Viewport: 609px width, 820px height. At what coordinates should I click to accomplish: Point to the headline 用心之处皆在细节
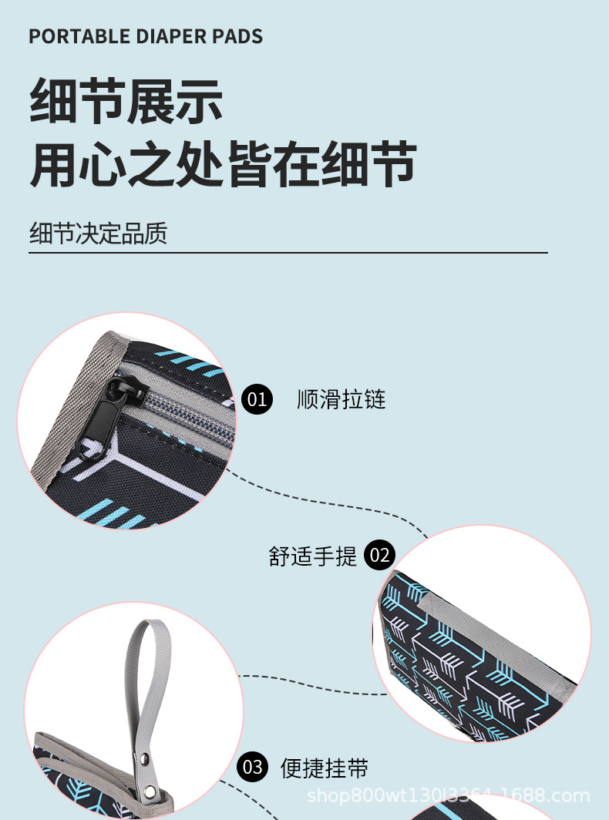point(224,164)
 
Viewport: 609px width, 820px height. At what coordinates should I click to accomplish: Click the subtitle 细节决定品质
point(98,233)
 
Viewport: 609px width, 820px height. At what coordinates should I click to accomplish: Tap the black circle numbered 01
point(257,399)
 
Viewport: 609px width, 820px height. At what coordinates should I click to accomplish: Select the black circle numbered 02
point(379,555)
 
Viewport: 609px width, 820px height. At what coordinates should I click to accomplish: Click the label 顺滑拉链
point(342,399)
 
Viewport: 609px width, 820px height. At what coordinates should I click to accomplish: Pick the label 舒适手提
point(313,556)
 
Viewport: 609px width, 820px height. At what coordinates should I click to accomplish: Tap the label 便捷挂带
point(325,768)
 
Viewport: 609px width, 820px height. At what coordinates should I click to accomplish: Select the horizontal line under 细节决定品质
point(288,253)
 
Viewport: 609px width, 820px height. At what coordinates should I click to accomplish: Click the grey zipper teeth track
point(177,412)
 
